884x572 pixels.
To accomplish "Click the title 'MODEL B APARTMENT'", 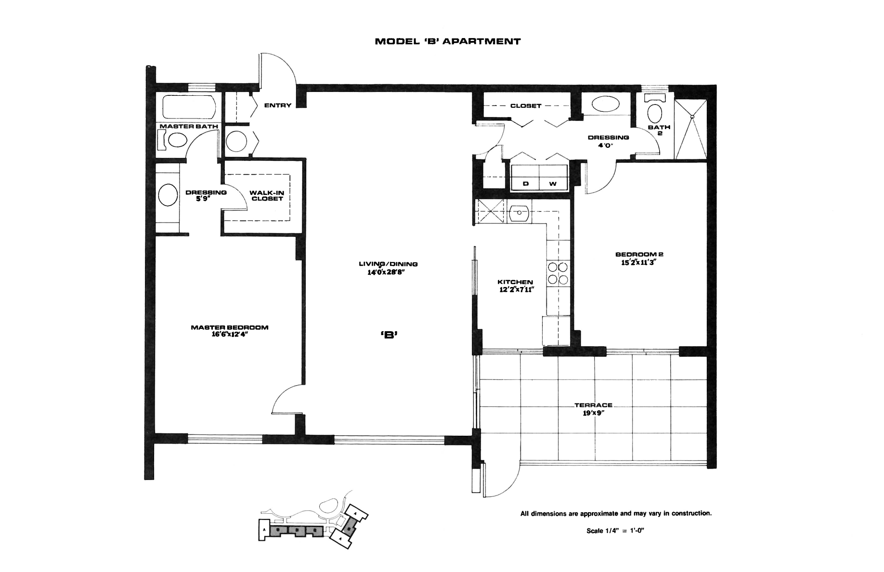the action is pos(447,41).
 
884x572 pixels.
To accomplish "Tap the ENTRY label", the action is pos(278,105).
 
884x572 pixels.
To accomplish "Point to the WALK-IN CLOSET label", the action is pos(267,195).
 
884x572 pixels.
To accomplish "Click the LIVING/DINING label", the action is pos(388,264).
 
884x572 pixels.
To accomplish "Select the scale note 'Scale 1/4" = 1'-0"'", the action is pos(615,531).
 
